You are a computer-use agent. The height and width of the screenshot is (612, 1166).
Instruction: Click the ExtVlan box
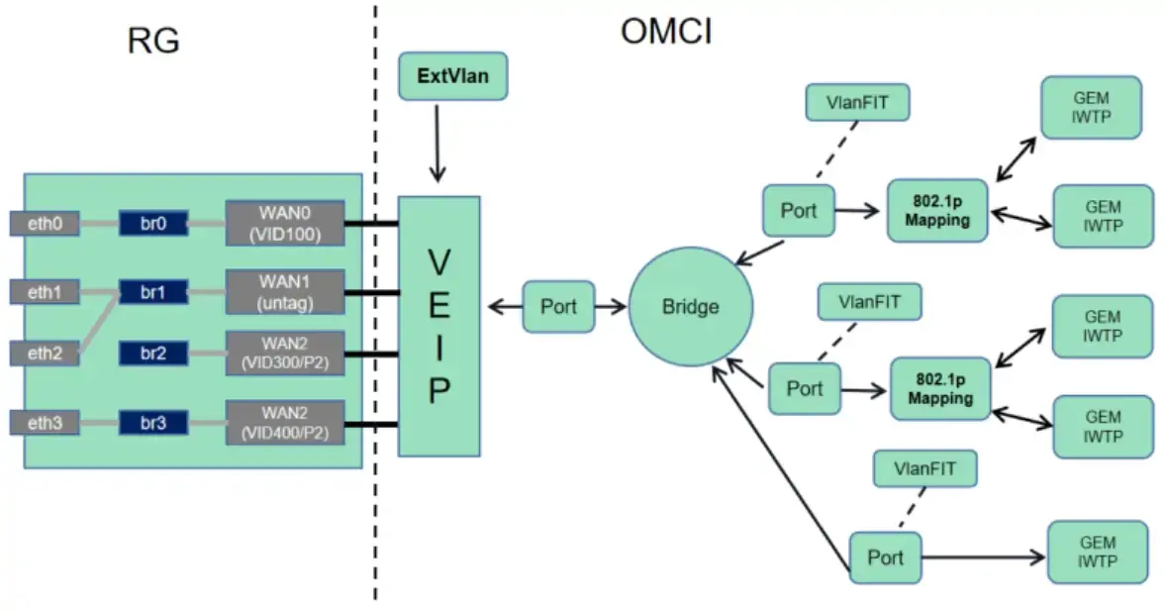(452, 76)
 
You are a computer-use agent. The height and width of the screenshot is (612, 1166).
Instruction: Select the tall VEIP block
(438, 326)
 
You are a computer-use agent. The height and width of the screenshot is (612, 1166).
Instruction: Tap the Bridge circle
(690, 307)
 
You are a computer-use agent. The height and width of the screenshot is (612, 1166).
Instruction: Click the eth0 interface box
(44, 224)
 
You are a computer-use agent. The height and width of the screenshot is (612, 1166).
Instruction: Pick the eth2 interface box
(44, 352)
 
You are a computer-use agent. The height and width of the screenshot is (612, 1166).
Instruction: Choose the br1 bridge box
(153, 292)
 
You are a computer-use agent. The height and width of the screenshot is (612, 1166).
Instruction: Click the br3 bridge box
(153, 424)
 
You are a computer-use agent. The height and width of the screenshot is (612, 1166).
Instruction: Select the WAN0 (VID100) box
(285, 224)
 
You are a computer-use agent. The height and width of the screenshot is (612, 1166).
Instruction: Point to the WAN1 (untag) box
(285, 292)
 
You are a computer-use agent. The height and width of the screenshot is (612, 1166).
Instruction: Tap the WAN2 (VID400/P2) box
(285, 423)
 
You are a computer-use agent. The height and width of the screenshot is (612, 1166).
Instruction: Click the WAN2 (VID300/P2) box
(285, 354)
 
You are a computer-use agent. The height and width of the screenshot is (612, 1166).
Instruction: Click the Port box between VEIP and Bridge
(558, 307)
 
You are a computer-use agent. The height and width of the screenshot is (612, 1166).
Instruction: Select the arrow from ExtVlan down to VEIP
(436, 144)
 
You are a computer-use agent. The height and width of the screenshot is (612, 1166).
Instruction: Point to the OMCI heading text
(666, 33)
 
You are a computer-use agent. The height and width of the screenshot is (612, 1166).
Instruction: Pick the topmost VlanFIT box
(856, 102)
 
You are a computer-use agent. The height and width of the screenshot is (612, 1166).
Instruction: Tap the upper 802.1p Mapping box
(937, 211)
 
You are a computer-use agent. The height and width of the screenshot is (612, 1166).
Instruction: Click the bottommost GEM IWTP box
(1099, 552)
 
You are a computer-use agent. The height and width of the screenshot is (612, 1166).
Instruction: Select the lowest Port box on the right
(885, 558)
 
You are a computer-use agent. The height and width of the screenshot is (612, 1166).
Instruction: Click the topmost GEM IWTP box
(1091, 107)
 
